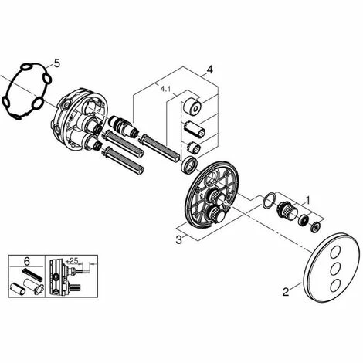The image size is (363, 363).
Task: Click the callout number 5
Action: tap(56, 63)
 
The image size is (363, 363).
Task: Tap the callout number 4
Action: tap(210, 70)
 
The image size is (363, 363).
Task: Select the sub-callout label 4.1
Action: tap(165, 89)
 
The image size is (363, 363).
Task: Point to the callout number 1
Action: tap(307, 200)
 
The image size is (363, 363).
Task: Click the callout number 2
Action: tap(286, 292)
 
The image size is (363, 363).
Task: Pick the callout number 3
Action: tap(178, 240)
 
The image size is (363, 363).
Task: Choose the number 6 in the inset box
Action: tap(27, 261)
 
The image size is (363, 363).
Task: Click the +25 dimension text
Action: tap(72, 261)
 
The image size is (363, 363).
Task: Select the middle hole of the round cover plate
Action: tap(335, 269)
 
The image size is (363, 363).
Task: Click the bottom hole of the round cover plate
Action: tap(334, 285)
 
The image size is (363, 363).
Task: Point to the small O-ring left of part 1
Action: tap(269, 200)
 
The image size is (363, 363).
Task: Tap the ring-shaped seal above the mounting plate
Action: tap(189, 165)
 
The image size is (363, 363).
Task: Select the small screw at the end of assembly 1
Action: tap(315, 227)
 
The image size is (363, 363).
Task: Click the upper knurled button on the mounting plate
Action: tap(218, 198)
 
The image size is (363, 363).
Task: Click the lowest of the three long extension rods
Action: tap(124, 161)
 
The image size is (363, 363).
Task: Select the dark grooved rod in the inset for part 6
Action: tap(32, 274)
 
